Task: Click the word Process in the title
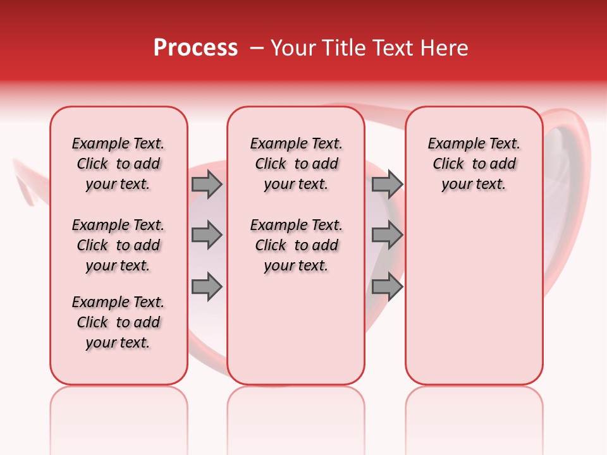point(195,48)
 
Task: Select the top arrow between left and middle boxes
point(206,185)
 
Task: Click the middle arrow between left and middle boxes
point(206,235)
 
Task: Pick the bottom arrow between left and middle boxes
point(206,287)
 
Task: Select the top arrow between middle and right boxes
point(387,185)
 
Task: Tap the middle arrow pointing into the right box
point(387,235)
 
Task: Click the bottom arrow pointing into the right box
point(387,287)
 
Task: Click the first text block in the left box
point(118,164)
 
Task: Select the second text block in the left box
point(118,245)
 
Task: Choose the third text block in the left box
point(118,322)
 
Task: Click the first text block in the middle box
point(296,164)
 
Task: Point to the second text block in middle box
point(296,245)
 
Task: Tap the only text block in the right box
point(474,164)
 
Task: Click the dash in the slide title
point(257,48)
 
